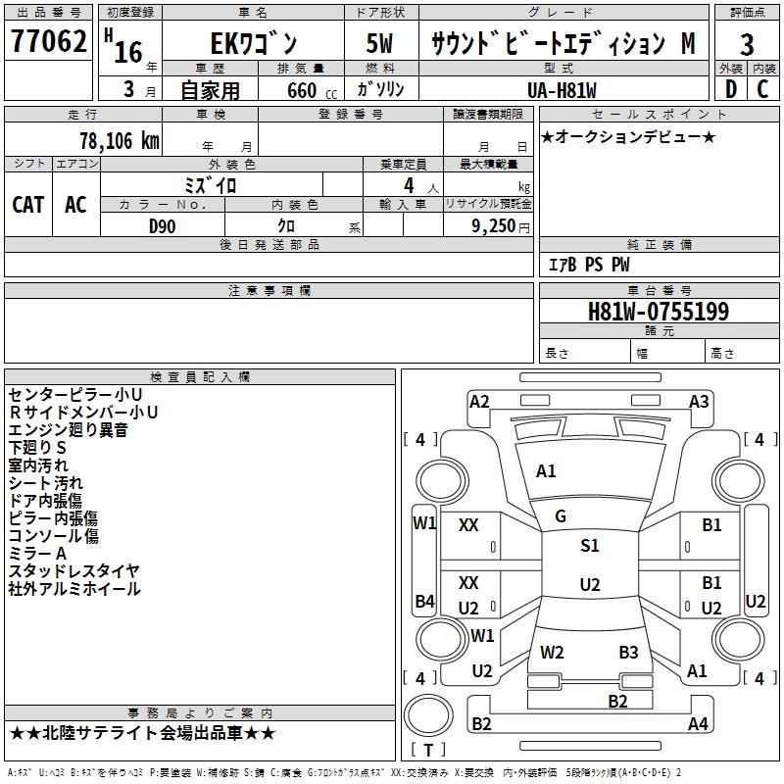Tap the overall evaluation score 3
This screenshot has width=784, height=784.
pyautogui.click(x=747, y=45)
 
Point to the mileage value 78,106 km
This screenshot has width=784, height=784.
pyautogui.click(x=119, y=140)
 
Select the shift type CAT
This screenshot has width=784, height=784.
pyautogui.click(x=28, y=204)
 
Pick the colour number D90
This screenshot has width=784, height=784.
pyautogui.click(x=163, y=226)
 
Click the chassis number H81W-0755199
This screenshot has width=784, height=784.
pyautogui.click(x=659, y=312)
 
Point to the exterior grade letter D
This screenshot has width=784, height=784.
pyautogui.click(x=730, y=89)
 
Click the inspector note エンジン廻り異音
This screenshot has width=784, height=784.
pyautogui.click(x=68, y=429)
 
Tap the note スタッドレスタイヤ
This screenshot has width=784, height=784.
pyautogui.click(x=74, y=571)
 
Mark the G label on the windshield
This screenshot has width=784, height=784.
pyautogui.click(x=561, y=516)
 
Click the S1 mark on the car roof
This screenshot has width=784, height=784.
pyautogui.click(x=589, y=546)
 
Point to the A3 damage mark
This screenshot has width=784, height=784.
pyautogui.click(x=699, y=401)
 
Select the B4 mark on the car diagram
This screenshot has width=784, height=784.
pyautogui.click(x=424, y=601)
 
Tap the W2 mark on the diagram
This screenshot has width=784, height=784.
pyautogui.click(x=552, y=652)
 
